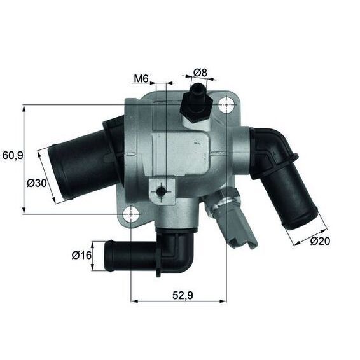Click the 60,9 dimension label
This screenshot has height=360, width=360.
12,155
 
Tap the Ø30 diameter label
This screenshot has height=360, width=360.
38,183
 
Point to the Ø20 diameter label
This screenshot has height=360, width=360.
322,241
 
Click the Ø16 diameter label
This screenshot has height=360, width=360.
83,255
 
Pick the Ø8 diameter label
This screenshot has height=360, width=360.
200,73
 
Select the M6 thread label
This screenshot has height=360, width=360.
141,79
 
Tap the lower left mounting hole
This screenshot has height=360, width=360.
130,213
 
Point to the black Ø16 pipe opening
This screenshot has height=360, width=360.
108,251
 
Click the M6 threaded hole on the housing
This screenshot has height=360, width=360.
162,191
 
